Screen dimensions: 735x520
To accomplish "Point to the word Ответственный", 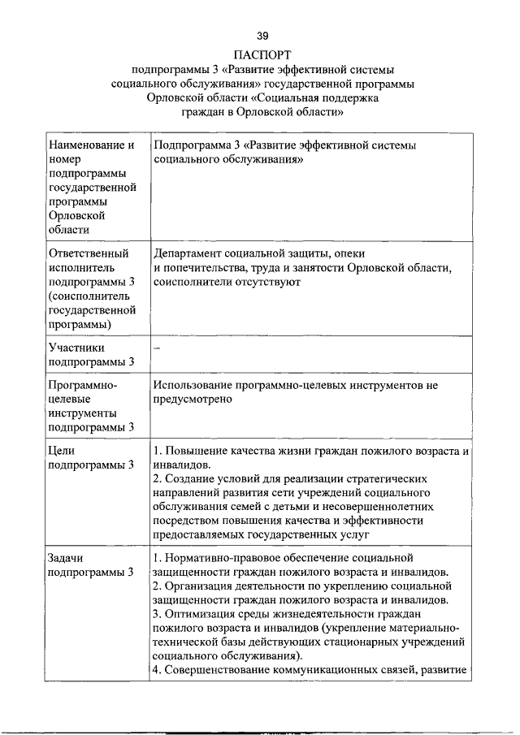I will (89, 253).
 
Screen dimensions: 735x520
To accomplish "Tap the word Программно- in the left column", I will (83, 384).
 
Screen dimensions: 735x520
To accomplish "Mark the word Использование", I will (194, 384).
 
